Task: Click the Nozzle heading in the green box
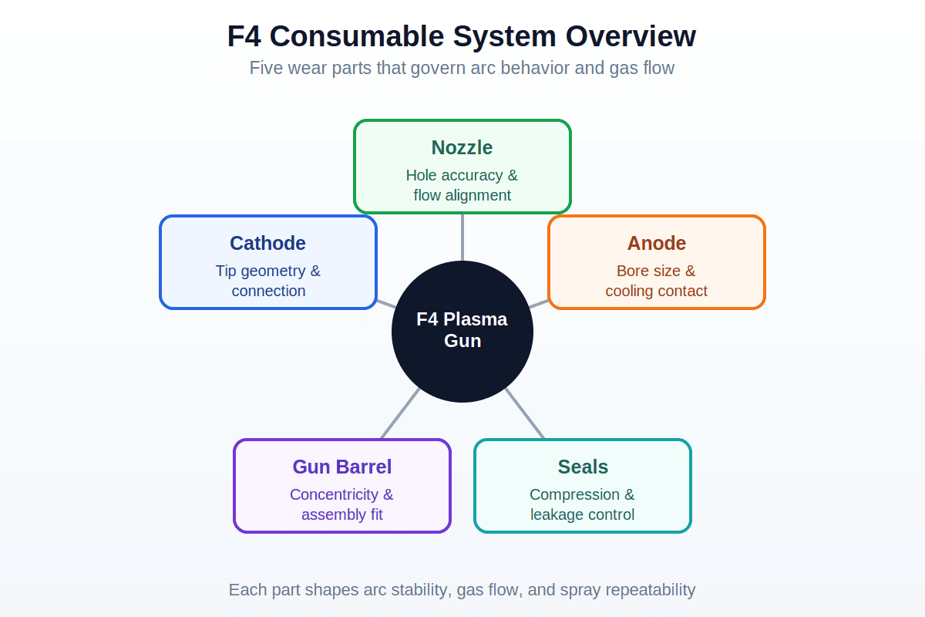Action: coord(462,147)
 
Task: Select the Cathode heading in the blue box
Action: coord(267,243)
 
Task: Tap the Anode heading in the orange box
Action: coord(656,243)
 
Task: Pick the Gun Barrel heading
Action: coord(342,467)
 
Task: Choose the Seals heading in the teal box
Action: coord(583,467)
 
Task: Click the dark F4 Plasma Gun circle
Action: coord(462,332)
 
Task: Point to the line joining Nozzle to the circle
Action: coord(462,238)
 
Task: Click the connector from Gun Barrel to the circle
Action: coord(400,413)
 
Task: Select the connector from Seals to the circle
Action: coord(524,413)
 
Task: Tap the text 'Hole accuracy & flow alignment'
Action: coord(462,185)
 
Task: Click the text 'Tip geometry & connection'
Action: coord(268,281)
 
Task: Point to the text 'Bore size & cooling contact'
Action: coord(656,281)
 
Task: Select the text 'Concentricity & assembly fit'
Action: coord(341,504)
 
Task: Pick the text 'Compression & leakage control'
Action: coord(582,504)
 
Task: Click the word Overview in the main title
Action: coord(631,36)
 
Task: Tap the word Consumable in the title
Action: coord(356,36)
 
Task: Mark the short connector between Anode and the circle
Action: coord(539,304)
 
